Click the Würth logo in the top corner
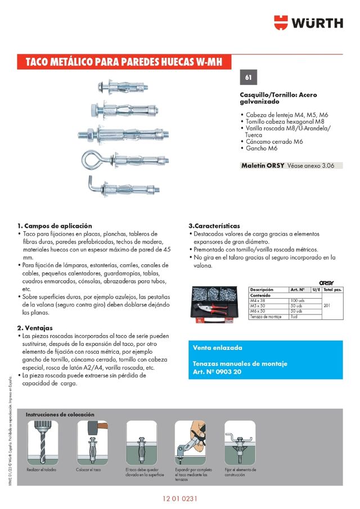pos(308,23)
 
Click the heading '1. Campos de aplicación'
pos(55,226)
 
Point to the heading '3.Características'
pos(214,226)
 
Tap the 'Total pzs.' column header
pos(332,289)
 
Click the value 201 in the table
pos(328,305)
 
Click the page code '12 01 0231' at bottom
pos(180,499)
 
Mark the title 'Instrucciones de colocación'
pos(60,414)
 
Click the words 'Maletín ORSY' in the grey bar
pos(262,166)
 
